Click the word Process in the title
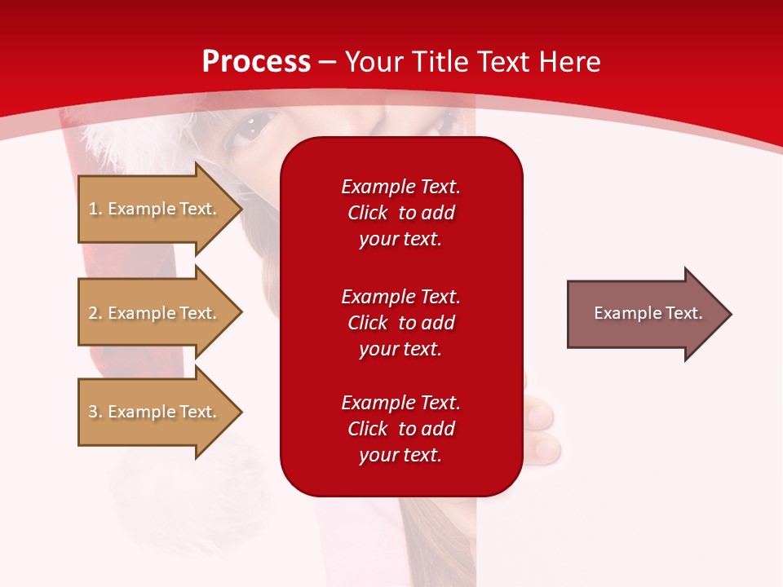[256, 62]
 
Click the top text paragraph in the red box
[400, 213]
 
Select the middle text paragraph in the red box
[400, 323]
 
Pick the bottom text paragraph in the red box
[400, 429]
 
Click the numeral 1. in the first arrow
[95, 209]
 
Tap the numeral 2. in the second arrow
[95, 313]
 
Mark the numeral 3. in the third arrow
[95, 412]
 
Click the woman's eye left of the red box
[249, 129]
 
